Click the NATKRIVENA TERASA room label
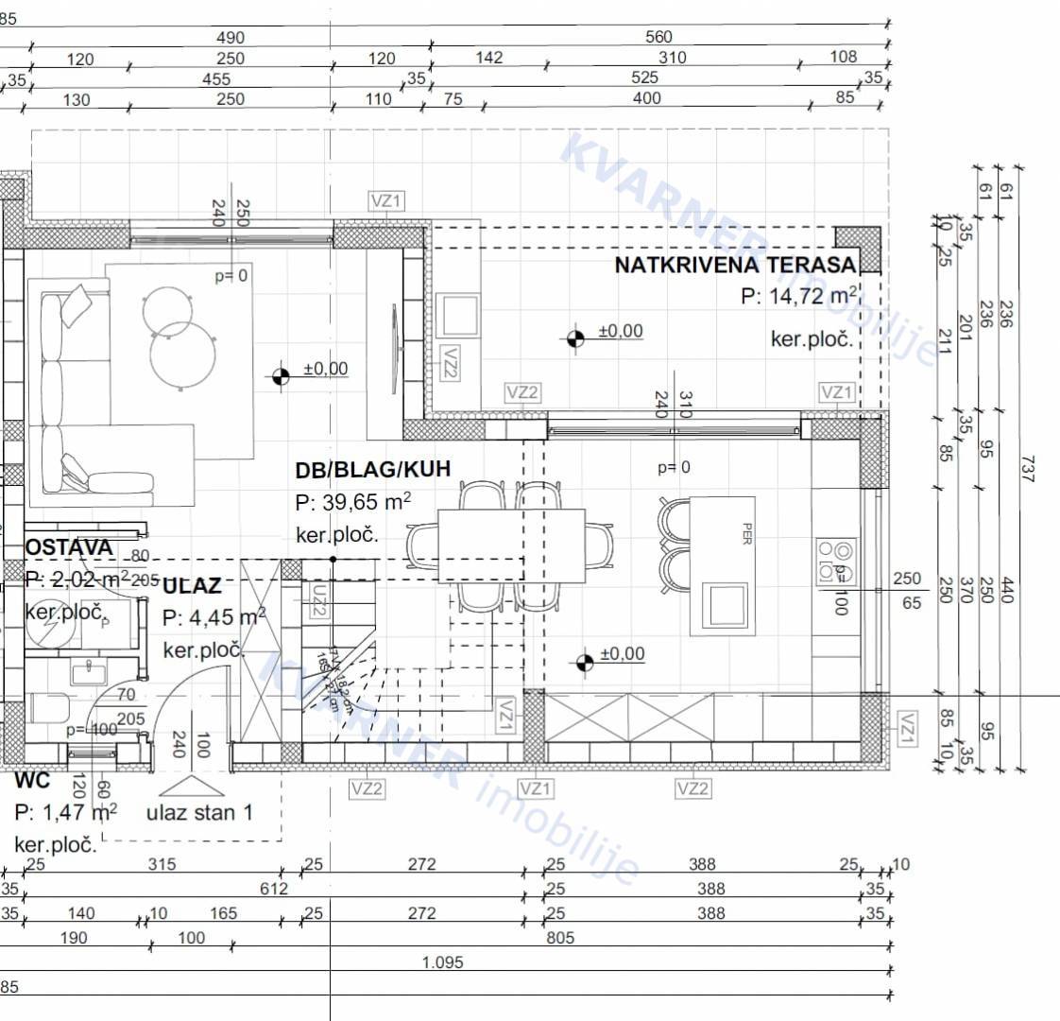(x=735, y=265)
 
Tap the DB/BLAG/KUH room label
(x=372, y=469)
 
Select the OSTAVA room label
(x=68, y=547)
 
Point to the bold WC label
(x=33, y=782)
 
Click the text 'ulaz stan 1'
(x=199, y=812)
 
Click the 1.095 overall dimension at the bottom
(x=442, y=963)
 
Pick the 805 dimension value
(x=559, y=938)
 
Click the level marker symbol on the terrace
(x=574, y=337)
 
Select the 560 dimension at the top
(x=658, y=37)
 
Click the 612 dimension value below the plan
(x=274, y=889)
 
